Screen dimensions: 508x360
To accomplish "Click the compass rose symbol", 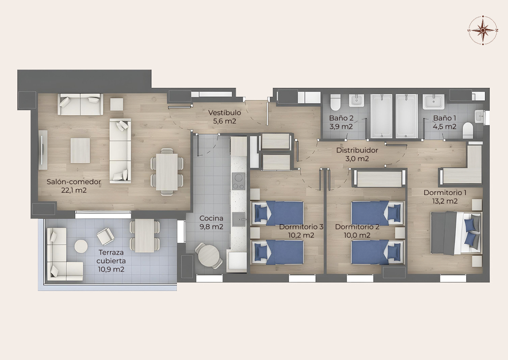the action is [x=483, y=30].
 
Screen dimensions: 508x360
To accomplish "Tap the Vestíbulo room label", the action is [x=224, y=113].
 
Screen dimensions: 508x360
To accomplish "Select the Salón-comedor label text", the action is [x=74, y=182].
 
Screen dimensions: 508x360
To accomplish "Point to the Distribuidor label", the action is [x=357, y=150].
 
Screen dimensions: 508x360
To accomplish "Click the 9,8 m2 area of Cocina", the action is [x=211, y=227].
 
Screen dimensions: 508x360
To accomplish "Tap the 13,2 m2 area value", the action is [x=445, y=201].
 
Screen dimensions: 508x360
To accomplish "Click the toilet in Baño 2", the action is [x=335, y=102].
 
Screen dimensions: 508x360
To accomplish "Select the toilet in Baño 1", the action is [x=468, y=130].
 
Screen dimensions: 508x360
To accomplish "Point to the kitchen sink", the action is [x=239, y=219].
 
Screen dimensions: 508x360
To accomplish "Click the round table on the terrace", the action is [x=81, y=246].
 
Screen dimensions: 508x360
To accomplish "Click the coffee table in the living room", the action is [x=80, y=150].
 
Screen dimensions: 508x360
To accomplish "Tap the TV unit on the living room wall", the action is [x=43, y=149].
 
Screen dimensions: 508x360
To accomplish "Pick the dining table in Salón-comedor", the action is [x=167, y=172].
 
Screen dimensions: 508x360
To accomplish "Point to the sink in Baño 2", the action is [x=357, y=101].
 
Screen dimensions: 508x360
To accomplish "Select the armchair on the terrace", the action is [x=106, y=236].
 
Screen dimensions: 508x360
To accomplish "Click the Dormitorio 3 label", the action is [x=301, y=227].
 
